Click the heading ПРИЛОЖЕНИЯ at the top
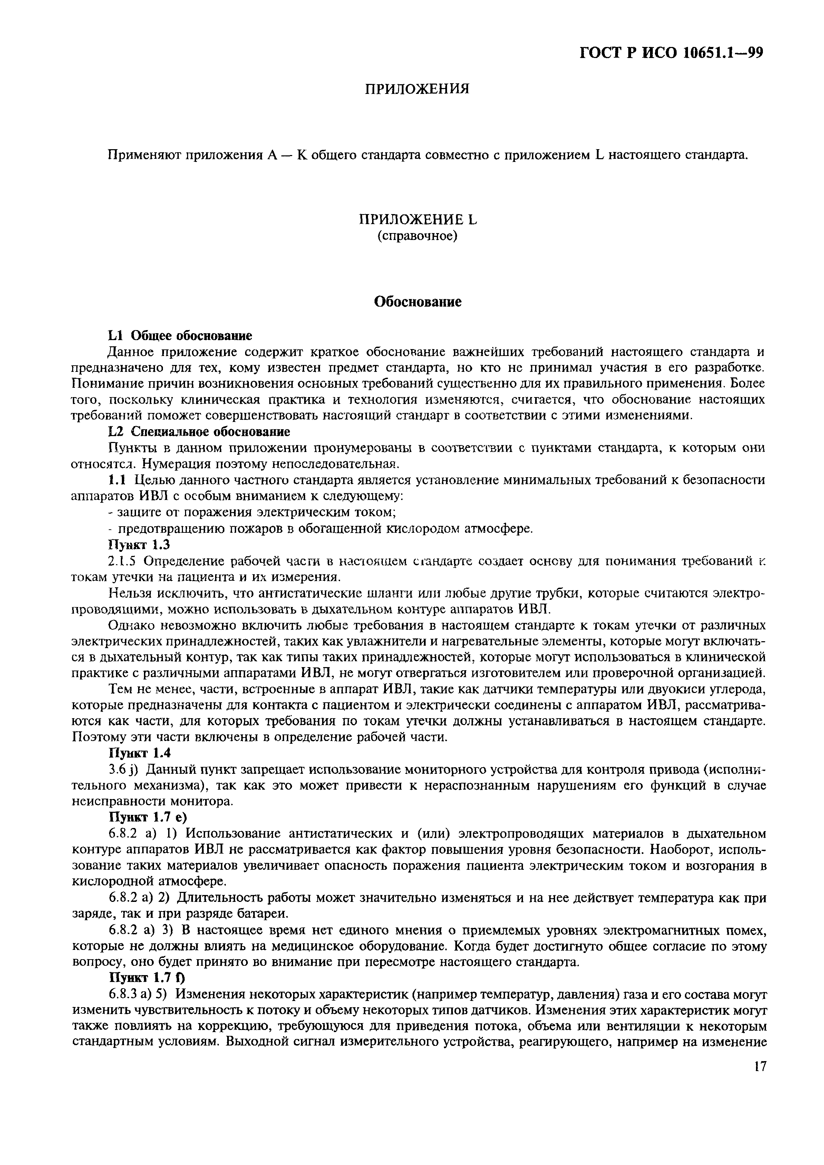coord(417,89)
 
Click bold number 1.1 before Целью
coord(117,480)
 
